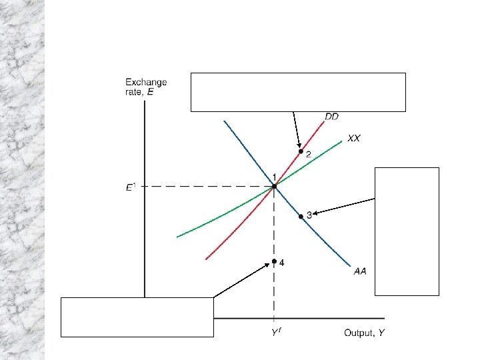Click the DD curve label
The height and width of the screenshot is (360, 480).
click(331, 117)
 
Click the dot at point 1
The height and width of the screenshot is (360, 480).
click(274, 187)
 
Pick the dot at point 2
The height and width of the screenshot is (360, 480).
click(301, 151)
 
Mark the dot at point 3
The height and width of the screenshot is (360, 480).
click(301, 216)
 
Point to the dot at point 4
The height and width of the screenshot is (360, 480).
click(274, 261)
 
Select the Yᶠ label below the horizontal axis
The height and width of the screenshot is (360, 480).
click(274, 332)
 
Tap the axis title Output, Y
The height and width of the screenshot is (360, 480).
click(364, 332)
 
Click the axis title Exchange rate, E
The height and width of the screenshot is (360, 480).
click(146, 87)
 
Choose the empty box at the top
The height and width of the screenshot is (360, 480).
click(298, 91)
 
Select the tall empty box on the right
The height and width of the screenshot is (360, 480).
click(407, 231)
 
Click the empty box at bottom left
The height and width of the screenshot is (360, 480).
click(137, 317)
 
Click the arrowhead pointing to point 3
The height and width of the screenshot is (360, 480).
click(313, 213)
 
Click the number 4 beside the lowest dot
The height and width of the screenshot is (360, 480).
click(282, 263)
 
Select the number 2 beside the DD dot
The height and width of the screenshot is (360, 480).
click(308, 155)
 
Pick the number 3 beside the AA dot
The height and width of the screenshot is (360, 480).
click(309, 215)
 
